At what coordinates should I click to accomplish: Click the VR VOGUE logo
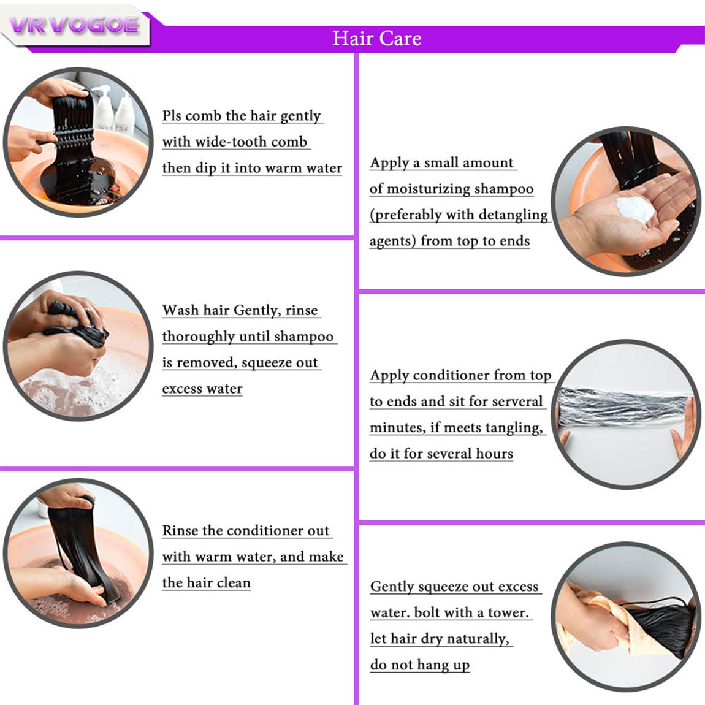[74, 25]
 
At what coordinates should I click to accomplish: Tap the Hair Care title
[377, 38]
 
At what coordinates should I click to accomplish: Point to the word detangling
[513, 215]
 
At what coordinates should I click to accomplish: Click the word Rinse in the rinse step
[180, 530]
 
